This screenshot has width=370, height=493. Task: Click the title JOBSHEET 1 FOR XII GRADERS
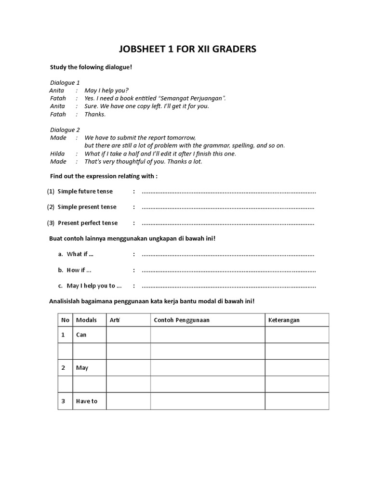coord(187,49)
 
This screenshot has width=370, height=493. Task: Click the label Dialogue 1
coord(65,82)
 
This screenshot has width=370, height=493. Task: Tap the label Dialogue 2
coord(65,130)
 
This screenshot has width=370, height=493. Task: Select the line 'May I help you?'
coord(106,91)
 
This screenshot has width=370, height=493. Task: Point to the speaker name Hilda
coord(57,154)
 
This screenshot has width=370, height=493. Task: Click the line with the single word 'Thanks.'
coord(95,114)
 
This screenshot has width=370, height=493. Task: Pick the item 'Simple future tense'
coord(85,191)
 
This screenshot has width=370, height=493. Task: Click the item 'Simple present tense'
coord(87,207)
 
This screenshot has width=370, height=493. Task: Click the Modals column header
coord(86,320)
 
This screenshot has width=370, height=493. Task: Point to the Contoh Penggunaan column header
coord(182,320)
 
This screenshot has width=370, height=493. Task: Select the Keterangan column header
coord(284,320)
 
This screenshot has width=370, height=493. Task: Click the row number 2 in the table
coord(63,368)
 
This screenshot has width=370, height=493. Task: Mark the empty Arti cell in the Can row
coord(128,335)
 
